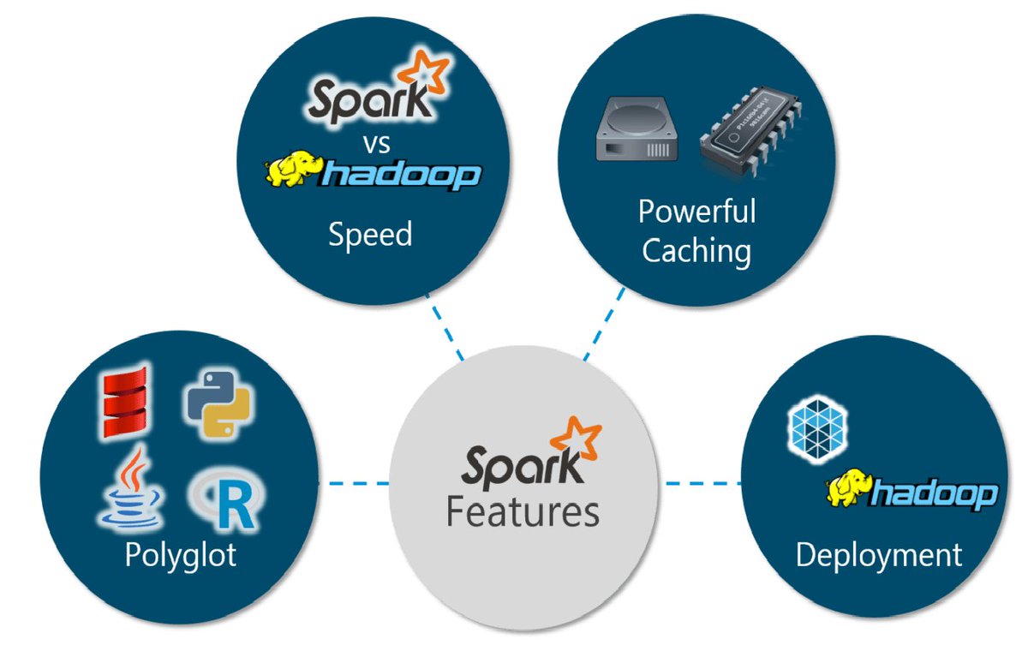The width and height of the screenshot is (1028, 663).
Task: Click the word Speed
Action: pyautogui.click(x=370, y=234)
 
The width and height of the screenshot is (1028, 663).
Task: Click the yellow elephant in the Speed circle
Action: pyautogui.click(x=292, y=170)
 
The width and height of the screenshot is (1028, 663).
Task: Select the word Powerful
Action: pyautogui.click(x=696, y=211)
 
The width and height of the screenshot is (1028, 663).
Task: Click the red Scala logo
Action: pyautogui.click(x=125, y=402)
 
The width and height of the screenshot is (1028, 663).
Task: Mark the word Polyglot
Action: pyautogui.click(x=180, y=555)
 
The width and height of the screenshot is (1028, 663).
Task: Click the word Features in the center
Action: pyautogui.click(x=523, y=511)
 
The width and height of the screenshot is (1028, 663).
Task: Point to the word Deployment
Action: pyautogui.click(x=878, y=554)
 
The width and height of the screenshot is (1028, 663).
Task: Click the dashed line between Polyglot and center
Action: pyautogui.click(x=353, y=483)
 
